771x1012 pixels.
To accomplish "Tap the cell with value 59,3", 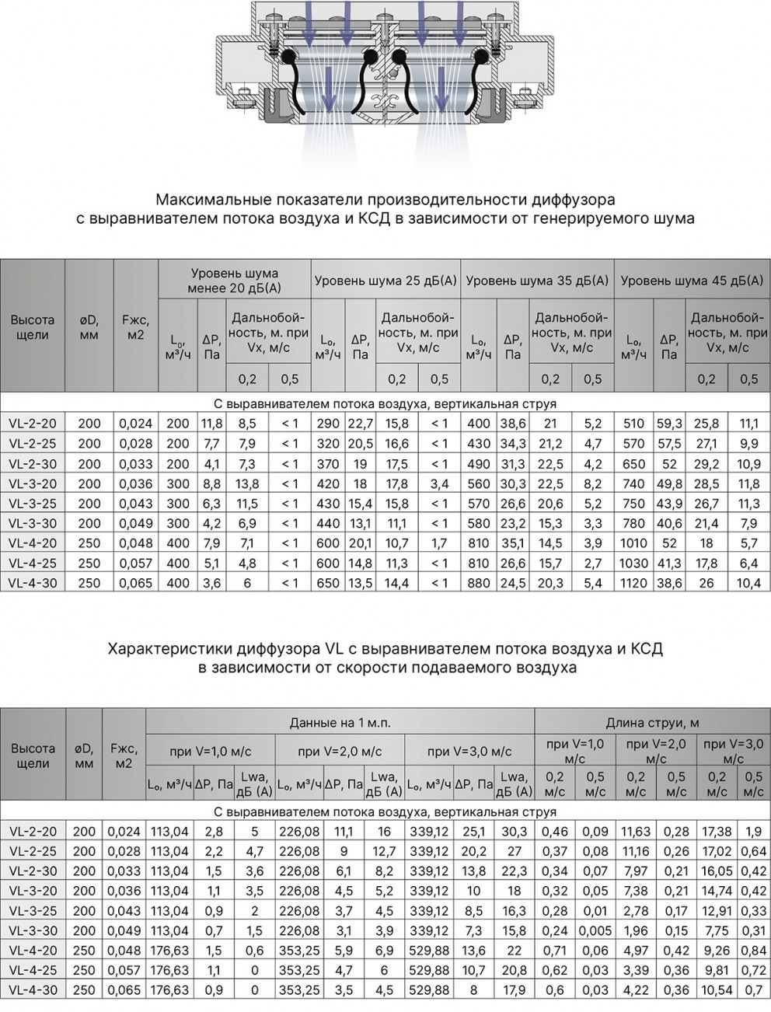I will (669, 424).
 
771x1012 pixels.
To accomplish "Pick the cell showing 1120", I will (634, 582).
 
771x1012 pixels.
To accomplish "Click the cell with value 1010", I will (634, 543).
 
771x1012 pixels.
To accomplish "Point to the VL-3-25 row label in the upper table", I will (33, 503).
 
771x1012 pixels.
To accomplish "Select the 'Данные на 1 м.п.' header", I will (340, 723).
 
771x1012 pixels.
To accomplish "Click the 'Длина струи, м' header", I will (652, 723).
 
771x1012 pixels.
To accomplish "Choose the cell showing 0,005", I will (595, 930).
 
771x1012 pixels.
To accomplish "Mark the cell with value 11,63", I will (636, 831).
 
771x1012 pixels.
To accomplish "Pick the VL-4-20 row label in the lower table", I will (33, 950).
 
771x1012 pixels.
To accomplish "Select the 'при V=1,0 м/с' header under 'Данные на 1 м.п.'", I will (210, 752).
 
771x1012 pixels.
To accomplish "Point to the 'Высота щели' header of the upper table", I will (33, 327).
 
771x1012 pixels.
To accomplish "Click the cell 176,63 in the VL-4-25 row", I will (169, 970).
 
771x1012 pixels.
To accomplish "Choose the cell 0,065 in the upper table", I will (137, 582).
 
